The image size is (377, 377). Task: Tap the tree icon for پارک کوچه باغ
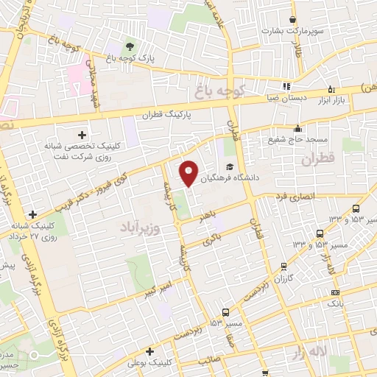pos(132,48)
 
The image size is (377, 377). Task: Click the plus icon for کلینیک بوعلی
pos(150,352)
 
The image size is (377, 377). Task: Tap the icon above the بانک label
pos(335,291)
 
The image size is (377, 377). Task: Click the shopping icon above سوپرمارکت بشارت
pos(293,19)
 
